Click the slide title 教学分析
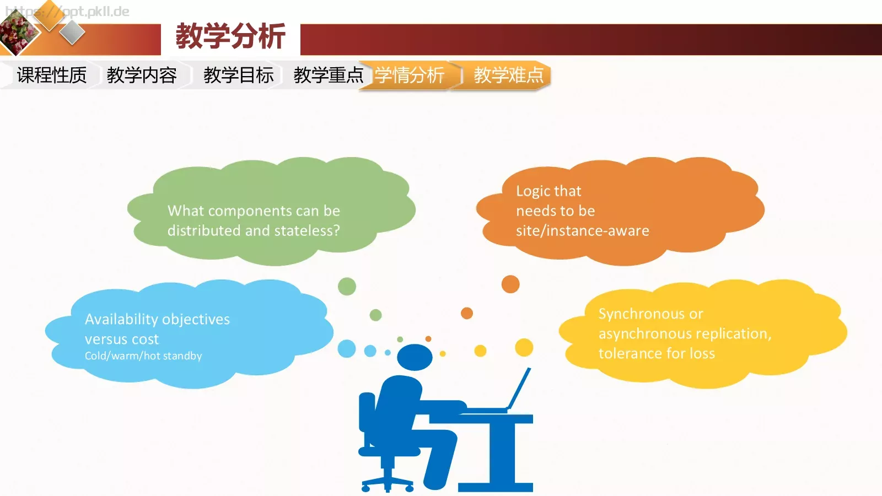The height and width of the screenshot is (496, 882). click(x=230, y=37)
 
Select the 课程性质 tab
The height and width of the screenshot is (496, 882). click(x=52, y=75)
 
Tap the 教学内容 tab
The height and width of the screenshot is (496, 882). click(x=142, y=75)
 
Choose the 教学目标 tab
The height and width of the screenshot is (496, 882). click(x=238, y=75)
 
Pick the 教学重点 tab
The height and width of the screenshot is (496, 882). click(x=328, y=75)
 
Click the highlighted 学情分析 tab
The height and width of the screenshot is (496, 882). click(x=410, y=75)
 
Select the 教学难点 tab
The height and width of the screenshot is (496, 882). click(x=508, y=75)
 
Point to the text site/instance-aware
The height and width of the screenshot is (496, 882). click(x=582, y=230)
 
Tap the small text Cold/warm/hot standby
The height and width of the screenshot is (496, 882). click(x=143, y=356)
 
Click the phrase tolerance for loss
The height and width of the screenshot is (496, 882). click(x=657, y=353)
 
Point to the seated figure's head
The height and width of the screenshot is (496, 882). click(x=415, y=357)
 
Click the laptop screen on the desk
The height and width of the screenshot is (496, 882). click(x=519, y=389)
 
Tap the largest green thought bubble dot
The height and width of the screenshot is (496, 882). click(x=347, y=287)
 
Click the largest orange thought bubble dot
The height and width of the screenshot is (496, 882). click(x=510, y=284)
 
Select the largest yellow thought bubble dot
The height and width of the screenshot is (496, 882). click(x=524, y=347)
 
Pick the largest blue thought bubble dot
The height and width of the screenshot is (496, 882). click(x=347, y=348)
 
